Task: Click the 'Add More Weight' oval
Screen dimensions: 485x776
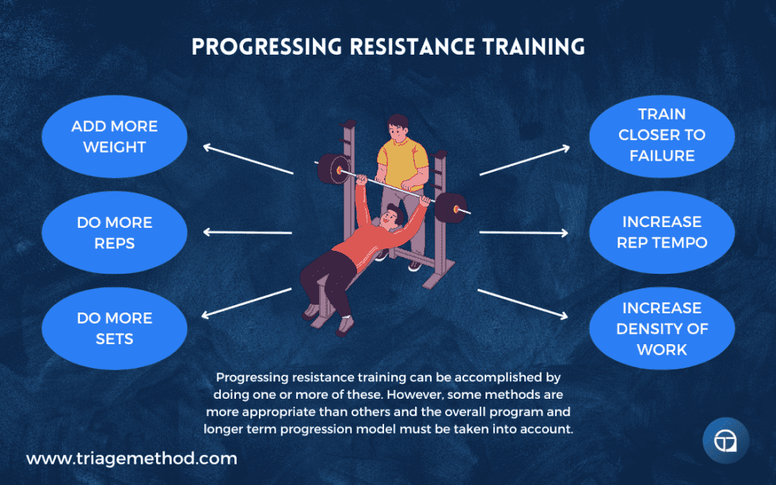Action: pyautogui.click(x=114, y=137)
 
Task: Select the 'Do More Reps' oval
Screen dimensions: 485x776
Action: pyautogui.click(x=114, y=233)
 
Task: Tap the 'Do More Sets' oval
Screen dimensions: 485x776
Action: pyautogui.click(x=114, y=328)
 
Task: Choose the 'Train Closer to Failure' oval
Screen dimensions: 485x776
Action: pyautogui.click(x=661, y=135)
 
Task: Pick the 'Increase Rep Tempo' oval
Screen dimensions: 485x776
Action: pyautogui.click(x=661, y=232)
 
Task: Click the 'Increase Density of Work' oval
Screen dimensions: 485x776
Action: pyautogui.click(x=661, y=328)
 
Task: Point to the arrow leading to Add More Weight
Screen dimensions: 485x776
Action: pyautogui.click(x=247, y=159)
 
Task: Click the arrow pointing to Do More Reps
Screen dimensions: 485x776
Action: pyautogui.click(x=247, y=233)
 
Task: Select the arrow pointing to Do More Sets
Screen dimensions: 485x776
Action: pyautogui.click(x=247, y=302)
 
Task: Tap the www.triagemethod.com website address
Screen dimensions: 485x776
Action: pyautogui.click(x=131, y=458)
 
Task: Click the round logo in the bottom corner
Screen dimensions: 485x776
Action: pyautogui.click(x=725, y=440)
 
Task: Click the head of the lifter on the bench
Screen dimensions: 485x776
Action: pyautogui.click(x=389, y=214)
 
